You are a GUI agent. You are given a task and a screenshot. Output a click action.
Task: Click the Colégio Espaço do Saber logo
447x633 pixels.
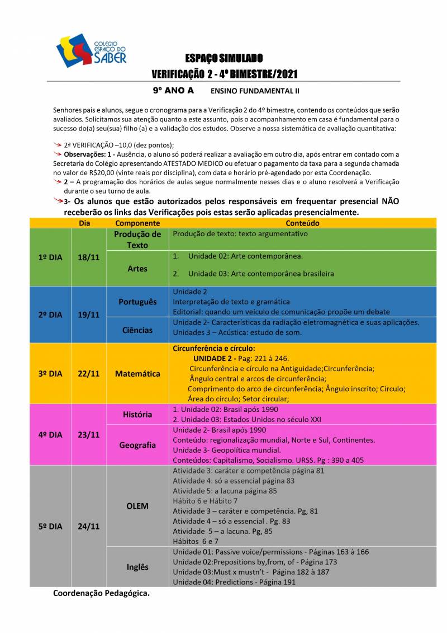92,51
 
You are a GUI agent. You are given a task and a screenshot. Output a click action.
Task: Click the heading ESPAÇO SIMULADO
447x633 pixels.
224,58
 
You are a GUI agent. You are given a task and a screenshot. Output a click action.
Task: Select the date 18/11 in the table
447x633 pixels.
88,257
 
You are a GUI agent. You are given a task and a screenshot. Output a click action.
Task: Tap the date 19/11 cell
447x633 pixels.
88,315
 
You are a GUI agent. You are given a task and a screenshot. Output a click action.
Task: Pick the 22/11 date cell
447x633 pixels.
88,373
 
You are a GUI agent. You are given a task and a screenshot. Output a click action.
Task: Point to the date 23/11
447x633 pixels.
88,434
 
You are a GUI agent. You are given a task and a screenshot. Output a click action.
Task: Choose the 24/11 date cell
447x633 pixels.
88,526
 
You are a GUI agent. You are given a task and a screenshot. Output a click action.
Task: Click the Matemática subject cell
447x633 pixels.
137,373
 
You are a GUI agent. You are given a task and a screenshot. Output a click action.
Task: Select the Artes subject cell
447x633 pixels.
137,269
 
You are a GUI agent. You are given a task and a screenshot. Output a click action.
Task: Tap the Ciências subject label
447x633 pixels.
137,330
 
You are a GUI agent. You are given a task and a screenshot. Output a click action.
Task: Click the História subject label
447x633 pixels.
137,414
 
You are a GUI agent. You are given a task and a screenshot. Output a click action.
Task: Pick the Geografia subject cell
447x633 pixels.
137,445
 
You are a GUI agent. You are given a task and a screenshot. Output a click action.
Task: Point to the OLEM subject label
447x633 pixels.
137,506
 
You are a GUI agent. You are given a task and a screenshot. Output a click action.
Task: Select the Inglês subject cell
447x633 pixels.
137,566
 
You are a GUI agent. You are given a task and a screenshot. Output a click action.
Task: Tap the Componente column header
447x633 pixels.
137,223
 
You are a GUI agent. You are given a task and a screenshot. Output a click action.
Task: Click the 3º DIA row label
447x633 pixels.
50,373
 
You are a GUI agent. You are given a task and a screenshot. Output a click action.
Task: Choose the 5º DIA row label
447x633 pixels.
50,526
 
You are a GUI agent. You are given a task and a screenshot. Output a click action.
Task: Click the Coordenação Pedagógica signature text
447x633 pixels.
102,593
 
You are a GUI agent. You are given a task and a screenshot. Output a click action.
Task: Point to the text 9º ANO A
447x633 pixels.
173,90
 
